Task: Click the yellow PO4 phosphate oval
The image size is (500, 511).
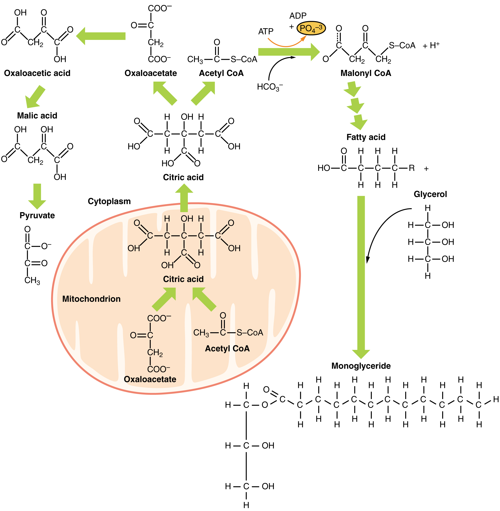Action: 311,28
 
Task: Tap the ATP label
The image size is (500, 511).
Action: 266,32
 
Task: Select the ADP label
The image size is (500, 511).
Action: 298,16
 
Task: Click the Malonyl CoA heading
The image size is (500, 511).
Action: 365,73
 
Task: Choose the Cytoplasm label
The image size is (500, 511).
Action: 109,201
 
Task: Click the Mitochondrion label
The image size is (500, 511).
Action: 91,299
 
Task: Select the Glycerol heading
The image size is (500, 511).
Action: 430,194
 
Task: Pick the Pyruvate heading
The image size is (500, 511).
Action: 37,215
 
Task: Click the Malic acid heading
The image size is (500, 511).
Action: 37,115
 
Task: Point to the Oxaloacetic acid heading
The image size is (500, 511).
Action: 37,73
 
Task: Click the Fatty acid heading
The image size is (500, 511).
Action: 366,137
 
